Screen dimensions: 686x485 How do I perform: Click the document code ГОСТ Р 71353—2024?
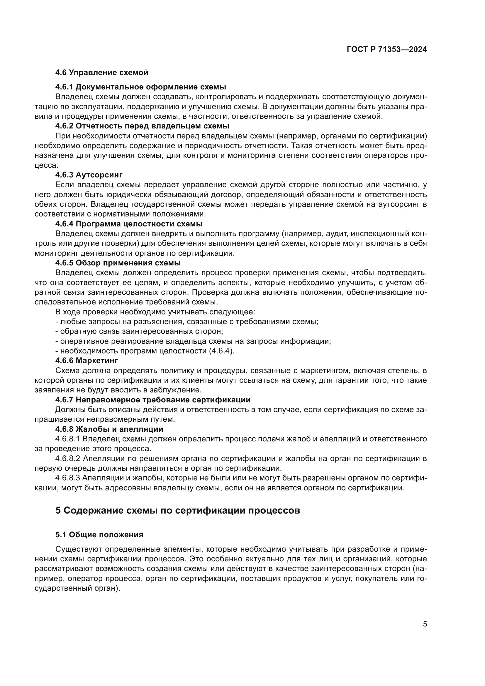[386, 50]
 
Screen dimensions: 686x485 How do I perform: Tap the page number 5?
[425, 624]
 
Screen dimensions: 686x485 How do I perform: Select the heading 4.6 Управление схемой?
[101, 73]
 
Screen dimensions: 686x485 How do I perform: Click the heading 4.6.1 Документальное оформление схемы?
[140, 87]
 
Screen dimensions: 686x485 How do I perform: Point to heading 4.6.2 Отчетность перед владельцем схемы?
[142, 126]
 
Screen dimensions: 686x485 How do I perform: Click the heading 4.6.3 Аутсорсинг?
[89, 175]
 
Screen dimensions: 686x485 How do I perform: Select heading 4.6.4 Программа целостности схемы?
[129, 224]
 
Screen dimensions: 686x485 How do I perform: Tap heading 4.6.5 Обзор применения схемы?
[118, 263]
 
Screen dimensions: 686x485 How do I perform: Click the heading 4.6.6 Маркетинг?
[87, 360]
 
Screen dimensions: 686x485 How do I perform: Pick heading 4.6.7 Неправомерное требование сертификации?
[152, 400]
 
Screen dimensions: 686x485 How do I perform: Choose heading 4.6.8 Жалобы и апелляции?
[109, 429]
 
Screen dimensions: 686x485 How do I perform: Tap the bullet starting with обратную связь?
[139, 331]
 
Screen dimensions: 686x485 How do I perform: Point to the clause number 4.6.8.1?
[67, 439]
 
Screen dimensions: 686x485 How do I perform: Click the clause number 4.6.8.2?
[68, 458]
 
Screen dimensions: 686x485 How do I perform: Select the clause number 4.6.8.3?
[68, 478]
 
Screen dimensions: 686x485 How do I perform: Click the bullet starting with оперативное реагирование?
[193, 341]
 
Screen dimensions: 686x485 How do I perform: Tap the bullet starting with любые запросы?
[187, 322]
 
